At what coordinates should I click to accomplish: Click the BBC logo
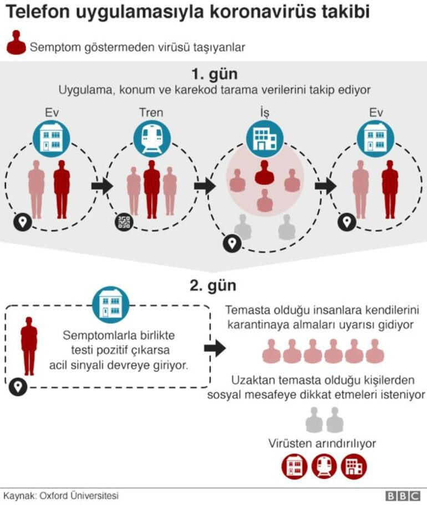[x=403, y=496]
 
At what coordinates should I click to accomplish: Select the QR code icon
[x=124, y=222]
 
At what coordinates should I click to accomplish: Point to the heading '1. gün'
[x=213, y=74]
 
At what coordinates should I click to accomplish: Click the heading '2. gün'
[x=213, y=286]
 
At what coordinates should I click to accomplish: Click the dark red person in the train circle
[x=151, y=188]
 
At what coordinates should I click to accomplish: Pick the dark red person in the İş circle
[x=265, y=172]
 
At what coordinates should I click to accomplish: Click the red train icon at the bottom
[x=324, y=467]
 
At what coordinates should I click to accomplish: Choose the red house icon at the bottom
[x=294, y=467]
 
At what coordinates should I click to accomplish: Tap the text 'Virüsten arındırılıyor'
[x=322, y=443]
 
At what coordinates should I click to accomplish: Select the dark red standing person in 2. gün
[x=29, y=346]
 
